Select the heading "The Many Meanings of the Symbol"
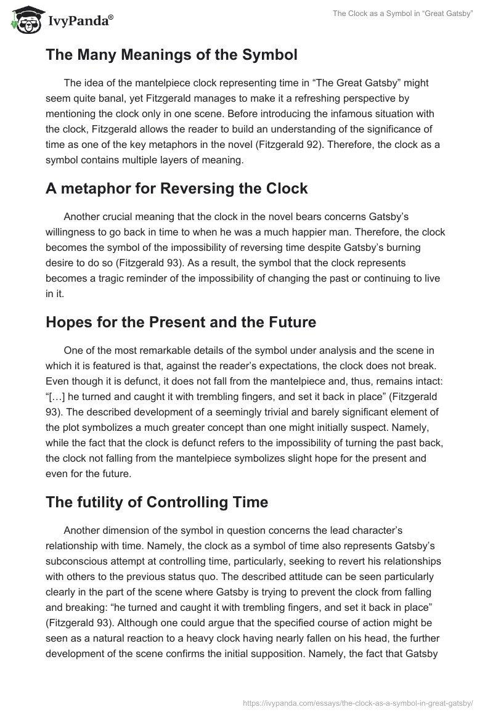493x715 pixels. click(171, 55)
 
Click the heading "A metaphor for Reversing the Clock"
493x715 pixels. click(176, 189)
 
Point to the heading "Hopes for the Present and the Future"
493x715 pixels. click(181, 322)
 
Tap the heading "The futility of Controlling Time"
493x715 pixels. click(157, 502)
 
